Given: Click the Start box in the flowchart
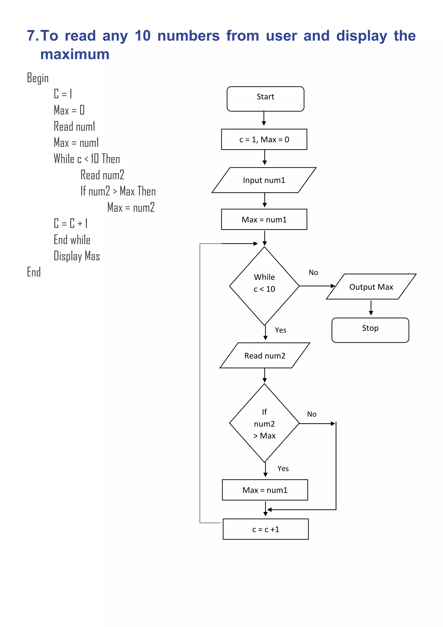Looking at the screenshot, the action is pos(265,99).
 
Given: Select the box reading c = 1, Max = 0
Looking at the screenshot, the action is pos(264,139).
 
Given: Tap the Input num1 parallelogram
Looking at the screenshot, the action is pos(264,180).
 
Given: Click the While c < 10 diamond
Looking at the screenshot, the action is pos(264,286).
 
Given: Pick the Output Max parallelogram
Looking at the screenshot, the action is pos(371,286).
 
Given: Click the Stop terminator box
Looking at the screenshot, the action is pos(370,330).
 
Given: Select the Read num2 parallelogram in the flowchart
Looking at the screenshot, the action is pos(265,355).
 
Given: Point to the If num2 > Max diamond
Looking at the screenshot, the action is pos(264,423).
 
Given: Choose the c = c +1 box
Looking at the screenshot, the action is pos(266,529).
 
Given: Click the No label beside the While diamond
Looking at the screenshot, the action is pos(313,272).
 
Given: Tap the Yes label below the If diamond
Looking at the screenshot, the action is pos(283,469).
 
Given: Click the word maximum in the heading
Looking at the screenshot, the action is pos(75,54).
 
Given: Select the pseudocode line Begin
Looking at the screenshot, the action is pos(38,78).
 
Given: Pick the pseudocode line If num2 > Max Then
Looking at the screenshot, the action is pos(118,191).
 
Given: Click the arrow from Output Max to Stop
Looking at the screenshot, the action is pos(371,308).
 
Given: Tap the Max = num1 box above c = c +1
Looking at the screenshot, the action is pos(265,490).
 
